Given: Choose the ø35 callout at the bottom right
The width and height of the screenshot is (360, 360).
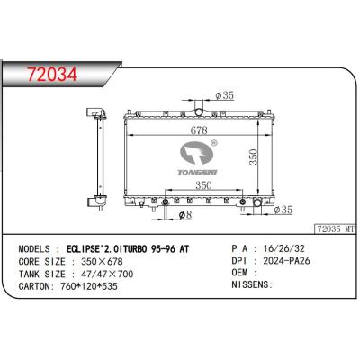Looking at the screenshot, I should [283, 211].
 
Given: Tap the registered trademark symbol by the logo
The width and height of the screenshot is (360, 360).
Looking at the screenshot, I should [213, 140].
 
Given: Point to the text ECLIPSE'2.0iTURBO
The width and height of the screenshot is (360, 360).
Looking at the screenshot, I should [109, 246].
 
